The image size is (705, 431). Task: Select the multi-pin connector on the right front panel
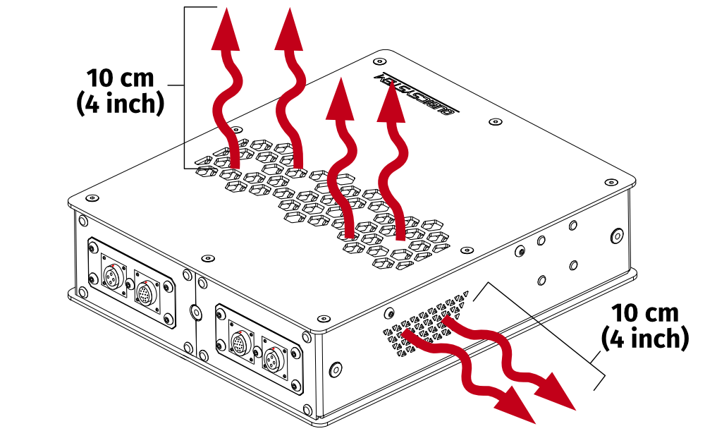click(x=241, y=344)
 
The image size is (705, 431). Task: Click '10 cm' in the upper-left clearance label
click(x=120, y=78)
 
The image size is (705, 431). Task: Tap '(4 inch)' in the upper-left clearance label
click(x=120, y=104)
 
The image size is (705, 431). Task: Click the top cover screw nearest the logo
click(x=496, y=122)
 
